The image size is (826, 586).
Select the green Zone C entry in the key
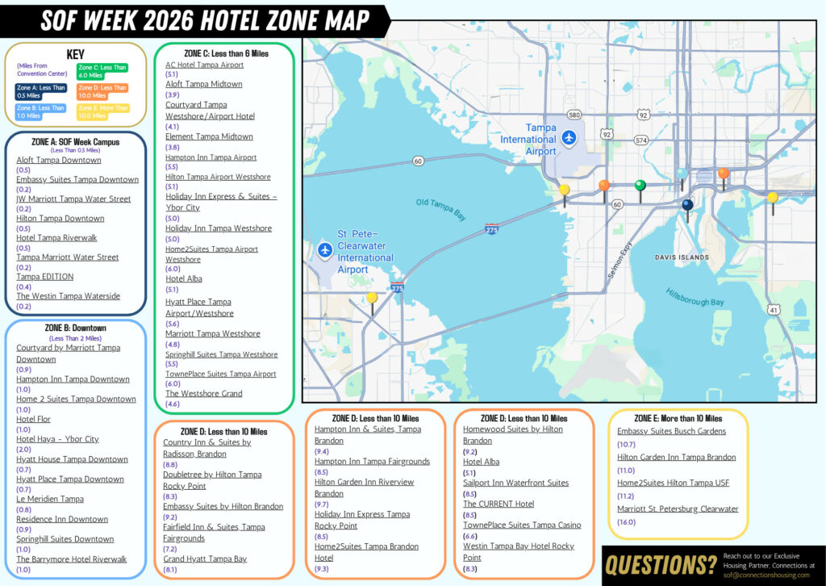102,71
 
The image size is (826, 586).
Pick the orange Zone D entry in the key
102,91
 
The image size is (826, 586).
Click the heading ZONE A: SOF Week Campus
76,141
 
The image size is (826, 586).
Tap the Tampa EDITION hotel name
45,276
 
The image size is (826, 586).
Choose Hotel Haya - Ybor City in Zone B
57,439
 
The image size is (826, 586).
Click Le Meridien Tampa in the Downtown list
50,499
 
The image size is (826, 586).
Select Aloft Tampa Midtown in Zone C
203,84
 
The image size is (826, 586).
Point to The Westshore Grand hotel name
203,394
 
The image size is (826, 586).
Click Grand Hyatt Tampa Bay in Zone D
205,559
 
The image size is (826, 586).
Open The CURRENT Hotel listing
499,504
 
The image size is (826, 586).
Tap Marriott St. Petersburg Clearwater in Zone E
678,509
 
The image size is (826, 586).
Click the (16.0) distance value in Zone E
626,522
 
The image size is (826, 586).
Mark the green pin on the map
640,186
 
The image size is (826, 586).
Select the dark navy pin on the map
687,206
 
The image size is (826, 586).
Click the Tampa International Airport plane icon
569,138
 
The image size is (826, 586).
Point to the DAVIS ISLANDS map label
682,258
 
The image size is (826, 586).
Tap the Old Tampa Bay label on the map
442,209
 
